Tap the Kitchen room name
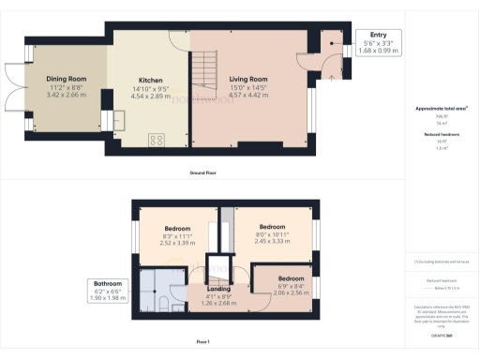[x=151, y=80]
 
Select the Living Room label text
[x=248, y=80]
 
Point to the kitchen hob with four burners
[x=156, y=141]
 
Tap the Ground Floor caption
[x=205, y=173]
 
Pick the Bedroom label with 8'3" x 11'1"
[x=178, y=228]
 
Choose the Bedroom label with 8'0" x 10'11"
[x=272, y=227]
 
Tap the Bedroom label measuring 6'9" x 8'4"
[x=291, y=278]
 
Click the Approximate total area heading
[x=442, y=109]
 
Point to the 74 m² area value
[x=442, y=123]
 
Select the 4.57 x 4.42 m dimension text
[x=248, y=96]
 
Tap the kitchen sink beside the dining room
[x=118, y=120]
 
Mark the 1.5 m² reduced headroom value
[x=442, y=147]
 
